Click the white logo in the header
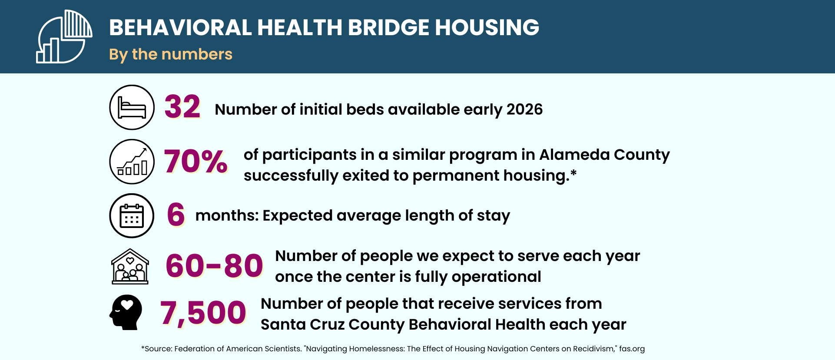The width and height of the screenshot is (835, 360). (64, 37)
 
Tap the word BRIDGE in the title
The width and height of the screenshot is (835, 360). (388, 27)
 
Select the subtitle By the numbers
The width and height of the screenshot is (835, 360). (171, 54)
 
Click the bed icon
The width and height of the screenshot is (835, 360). (132, 107)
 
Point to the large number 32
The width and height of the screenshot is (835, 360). (182, 107)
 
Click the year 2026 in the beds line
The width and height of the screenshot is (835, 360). (524, 109)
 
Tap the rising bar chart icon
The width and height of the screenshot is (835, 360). (132, 162)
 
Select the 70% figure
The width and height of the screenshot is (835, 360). (195, 161)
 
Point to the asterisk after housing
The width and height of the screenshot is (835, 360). (573, 173)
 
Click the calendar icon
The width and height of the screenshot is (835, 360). (132, 216)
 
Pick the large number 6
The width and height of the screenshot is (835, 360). (176, 215)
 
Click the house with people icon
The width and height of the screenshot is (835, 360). (130, 267)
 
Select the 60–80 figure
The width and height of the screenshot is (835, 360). (215, 266)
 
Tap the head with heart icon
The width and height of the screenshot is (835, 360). (126, 312)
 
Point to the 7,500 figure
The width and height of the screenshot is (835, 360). (203, 313)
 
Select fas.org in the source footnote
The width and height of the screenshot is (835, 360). (632, 349)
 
